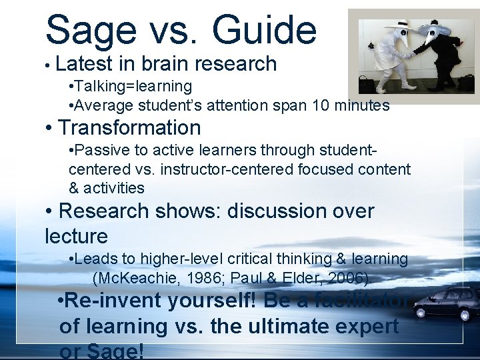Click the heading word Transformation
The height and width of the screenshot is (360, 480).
[x=129, y=127]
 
